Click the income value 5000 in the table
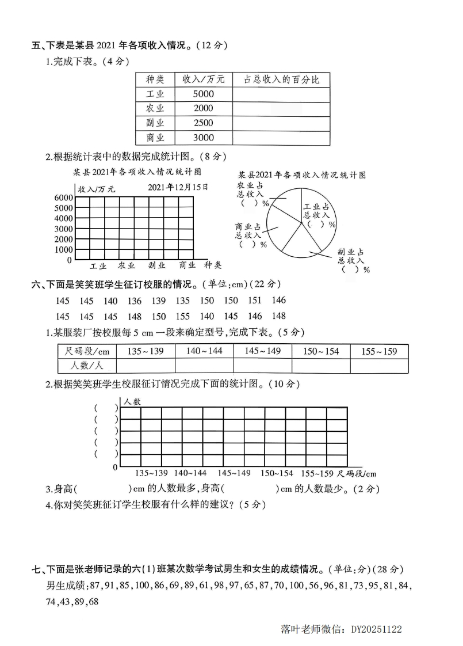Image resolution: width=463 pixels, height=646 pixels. pyautogui.click(x=204, y=94)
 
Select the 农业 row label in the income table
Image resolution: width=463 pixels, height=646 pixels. pyautogui.click(x=155, y=108)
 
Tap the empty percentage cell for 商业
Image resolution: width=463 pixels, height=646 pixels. pyautogui.click(x=281, y=138)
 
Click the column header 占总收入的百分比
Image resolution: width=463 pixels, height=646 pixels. pyautogui.click(x=281, y=79)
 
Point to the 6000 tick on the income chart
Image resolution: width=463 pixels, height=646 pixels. pyautogui.click(x=64, y=197)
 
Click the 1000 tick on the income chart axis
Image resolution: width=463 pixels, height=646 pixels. pyautogui.click(x=64, y=250)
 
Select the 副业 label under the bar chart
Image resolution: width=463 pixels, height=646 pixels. pyautogui.click(x=156, y=265)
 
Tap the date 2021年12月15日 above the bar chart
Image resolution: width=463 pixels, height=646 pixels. pyautogui.click(x=178, y=187)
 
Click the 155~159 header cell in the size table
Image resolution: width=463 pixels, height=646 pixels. pyautogui.click(x=379, y=351)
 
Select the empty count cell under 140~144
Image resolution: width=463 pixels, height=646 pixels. pyautogui.click(x=204, y=366)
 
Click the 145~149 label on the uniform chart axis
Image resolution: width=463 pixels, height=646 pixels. pyautogui.click(x=234, y=473)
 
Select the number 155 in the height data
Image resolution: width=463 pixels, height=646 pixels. pyautogui.click(x=182, y=316)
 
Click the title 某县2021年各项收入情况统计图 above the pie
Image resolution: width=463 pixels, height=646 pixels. pyautogui.click(x=303, y=175)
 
